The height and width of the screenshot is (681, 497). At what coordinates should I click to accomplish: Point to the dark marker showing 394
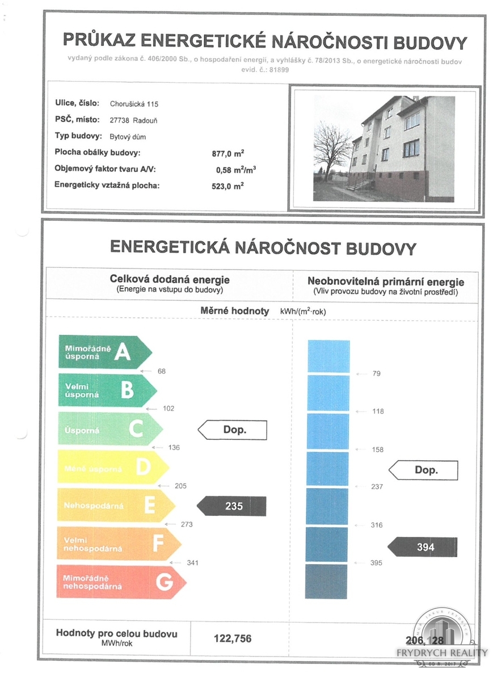pyautogui.click(x=423, y=547)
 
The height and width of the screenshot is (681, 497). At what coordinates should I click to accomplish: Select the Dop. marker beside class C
pyautogui.click(x=232, y=430)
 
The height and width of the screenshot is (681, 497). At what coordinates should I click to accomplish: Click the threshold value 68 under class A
pyautogui.click(x=162, y=371)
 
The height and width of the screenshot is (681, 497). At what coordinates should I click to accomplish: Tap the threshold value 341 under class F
pyautogui.click(x=193, y=562)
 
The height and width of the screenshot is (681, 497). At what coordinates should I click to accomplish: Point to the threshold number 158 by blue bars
pyautogui.click(x=377, y=449)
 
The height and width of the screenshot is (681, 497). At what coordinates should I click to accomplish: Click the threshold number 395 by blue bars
pyautogui.click(x=376, y=562)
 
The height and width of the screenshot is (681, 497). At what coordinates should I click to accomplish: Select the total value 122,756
pyautogui.click(x=232, y=638)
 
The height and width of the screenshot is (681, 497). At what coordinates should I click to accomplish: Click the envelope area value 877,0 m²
pyautogui.click(x=228, y=153)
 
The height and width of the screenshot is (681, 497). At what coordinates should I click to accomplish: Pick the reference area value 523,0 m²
pyautogui.click(x=228, y=185)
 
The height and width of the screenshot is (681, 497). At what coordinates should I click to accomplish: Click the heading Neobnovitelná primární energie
pyautogui.click(x=386, y=282)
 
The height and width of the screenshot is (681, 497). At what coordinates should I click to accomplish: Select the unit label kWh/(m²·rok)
pyautogui.click(x=303, y=312)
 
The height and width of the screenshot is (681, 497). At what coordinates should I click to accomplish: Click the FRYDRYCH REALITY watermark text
pyautogui.click(x=441, y=653)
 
